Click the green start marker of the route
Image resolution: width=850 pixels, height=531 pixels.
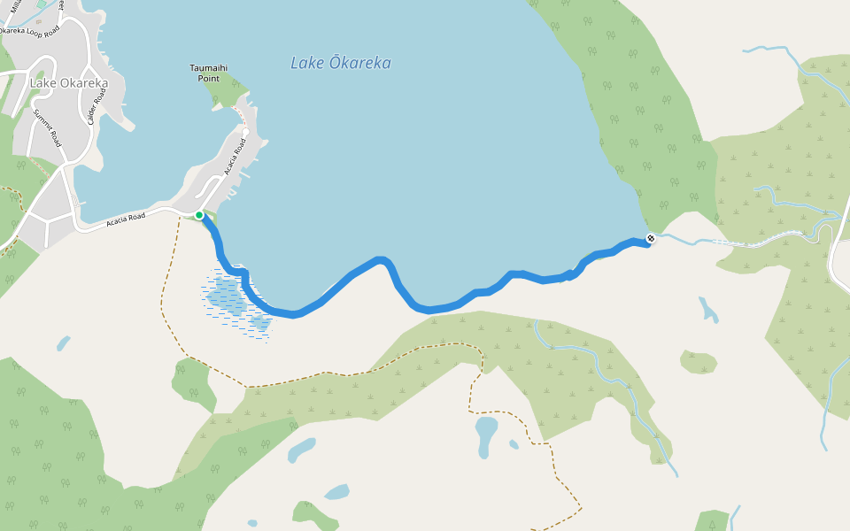click(x=199, y=215)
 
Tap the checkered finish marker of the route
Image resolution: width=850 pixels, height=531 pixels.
click(x=651, y=238)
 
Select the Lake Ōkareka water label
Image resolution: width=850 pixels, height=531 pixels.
click(x=340, y=64)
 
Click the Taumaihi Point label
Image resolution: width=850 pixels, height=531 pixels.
click(x=209, y=73)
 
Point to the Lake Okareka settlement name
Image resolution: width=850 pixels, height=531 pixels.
click(x=69, y=84)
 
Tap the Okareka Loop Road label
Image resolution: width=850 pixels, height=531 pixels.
click(x=29, y=32)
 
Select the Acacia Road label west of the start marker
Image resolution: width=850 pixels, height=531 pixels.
click(x=125, y=218)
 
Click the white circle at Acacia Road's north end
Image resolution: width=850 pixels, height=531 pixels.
click(x=245, y=133)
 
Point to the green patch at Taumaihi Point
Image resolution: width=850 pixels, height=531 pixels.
click(x=226, y=89)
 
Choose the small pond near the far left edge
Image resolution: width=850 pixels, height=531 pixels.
click(x=63, y=342)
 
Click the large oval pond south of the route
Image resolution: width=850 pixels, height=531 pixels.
click(x=486, y=435)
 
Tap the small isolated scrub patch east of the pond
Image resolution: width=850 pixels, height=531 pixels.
click(x=699, y=361)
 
